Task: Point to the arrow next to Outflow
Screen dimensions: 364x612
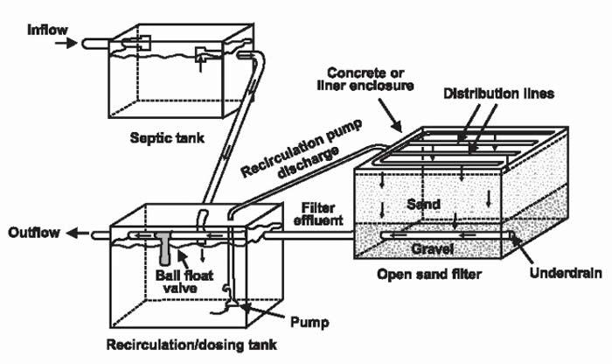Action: pos(81,234)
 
